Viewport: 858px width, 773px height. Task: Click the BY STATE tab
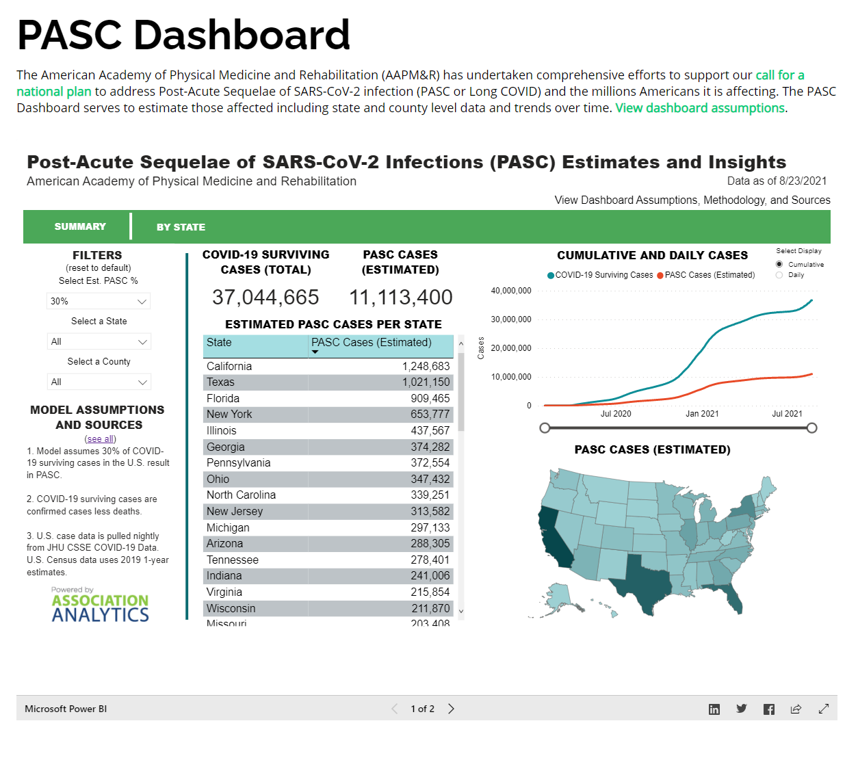point(181,227)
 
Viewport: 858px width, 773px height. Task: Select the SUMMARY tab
point(80,226)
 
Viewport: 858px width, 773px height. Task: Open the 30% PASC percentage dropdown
point(99,301)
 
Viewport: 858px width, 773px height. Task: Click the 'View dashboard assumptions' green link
point(700,108)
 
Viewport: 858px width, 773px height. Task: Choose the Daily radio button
point(779,275)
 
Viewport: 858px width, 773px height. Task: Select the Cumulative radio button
point(779,264)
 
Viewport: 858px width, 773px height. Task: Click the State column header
point(220,343)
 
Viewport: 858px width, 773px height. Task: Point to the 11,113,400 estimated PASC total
point(400,298)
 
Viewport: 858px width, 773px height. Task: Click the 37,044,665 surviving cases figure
point(265,298)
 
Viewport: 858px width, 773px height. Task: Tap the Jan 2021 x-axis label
point(702,414)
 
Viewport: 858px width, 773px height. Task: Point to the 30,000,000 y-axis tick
point(511,319)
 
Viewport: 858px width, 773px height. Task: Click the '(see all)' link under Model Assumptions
point(101,439)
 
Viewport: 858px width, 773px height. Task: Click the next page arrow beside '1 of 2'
point(451,709)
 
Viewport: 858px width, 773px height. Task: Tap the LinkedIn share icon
point(714,709)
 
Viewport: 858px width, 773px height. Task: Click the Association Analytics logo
point(100,606)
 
